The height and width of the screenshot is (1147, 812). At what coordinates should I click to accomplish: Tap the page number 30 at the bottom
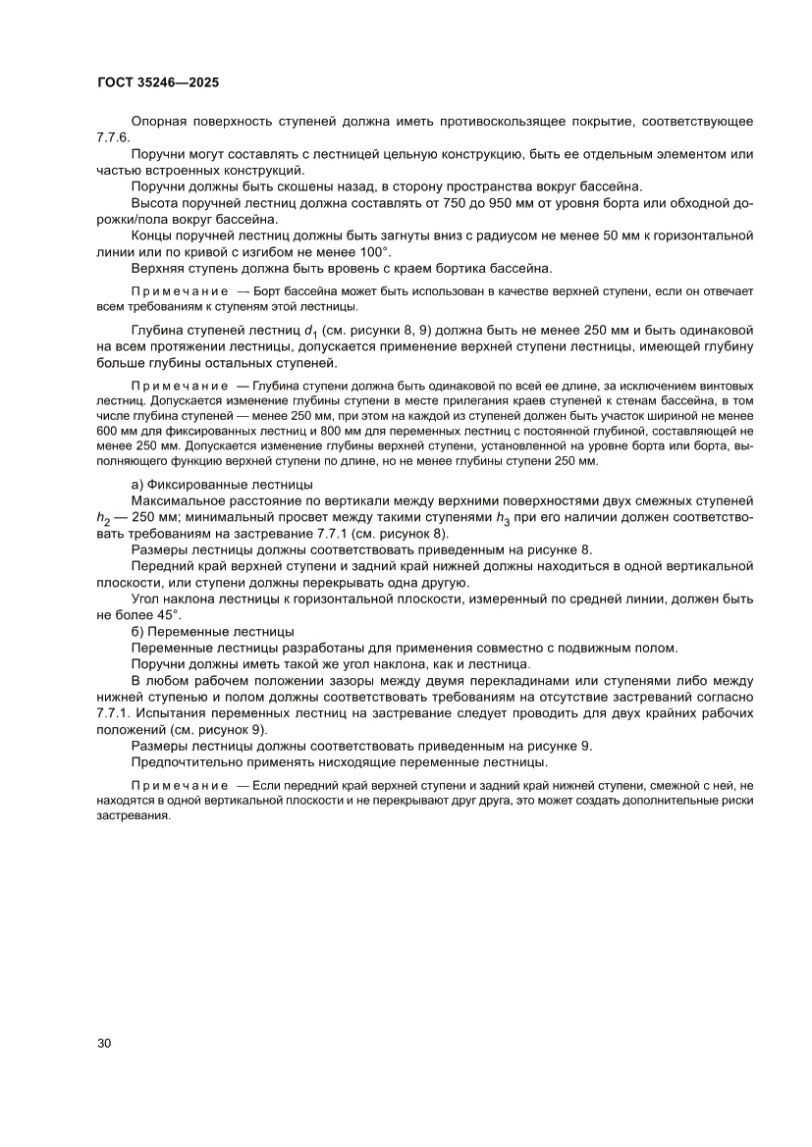[x=104, y=1042]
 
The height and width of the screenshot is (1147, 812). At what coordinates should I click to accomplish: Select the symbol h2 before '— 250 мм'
[x=104, y=520]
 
